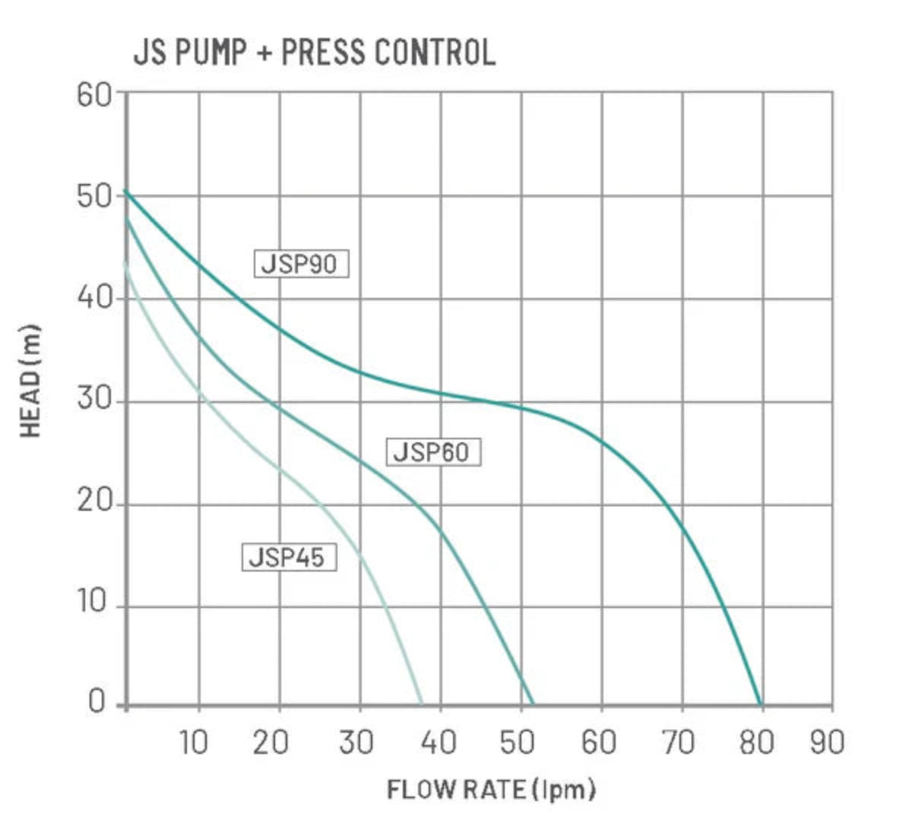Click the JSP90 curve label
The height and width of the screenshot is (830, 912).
(300, 265)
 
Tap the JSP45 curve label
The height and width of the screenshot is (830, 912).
(288, 557)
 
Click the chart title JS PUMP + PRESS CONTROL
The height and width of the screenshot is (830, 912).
(314, 53)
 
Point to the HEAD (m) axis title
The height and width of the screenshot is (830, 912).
(30, 382)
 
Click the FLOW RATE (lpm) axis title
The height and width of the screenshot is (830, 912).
(491, 790)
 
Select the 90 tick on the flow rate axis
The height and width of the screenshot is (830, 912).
(827, 743)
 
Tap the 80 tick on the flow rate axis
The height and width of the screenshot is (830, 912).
(756, 743)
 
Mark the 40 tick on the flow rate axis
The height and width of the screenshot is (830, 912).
(438, 743)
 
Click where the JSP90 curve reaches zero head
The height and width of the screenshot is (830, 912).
(760, 705)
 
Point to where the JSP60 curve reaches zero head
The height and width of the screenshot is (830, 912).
(533, 705)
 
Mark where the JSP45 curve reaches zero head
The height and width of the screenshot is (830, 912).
(422, 705)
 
